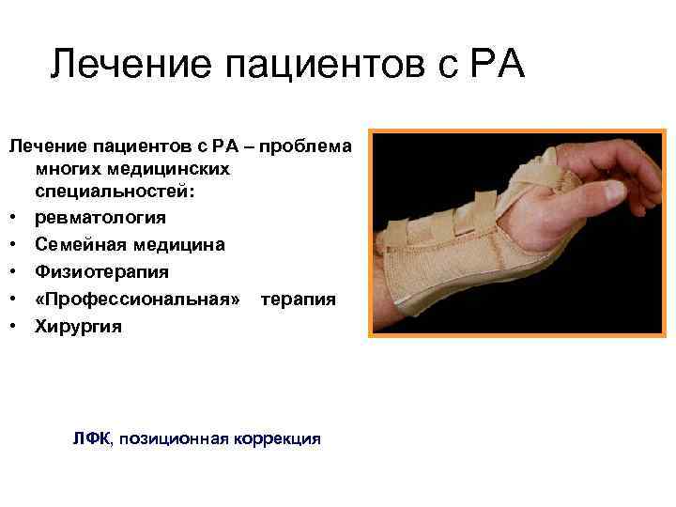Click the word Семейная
[x=75, y=245]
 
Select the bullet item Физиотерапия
[x=89, y=272]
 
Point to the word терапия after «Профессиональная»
[x=298, y=300]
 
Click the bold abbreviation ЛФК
[x=91, y=438]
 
